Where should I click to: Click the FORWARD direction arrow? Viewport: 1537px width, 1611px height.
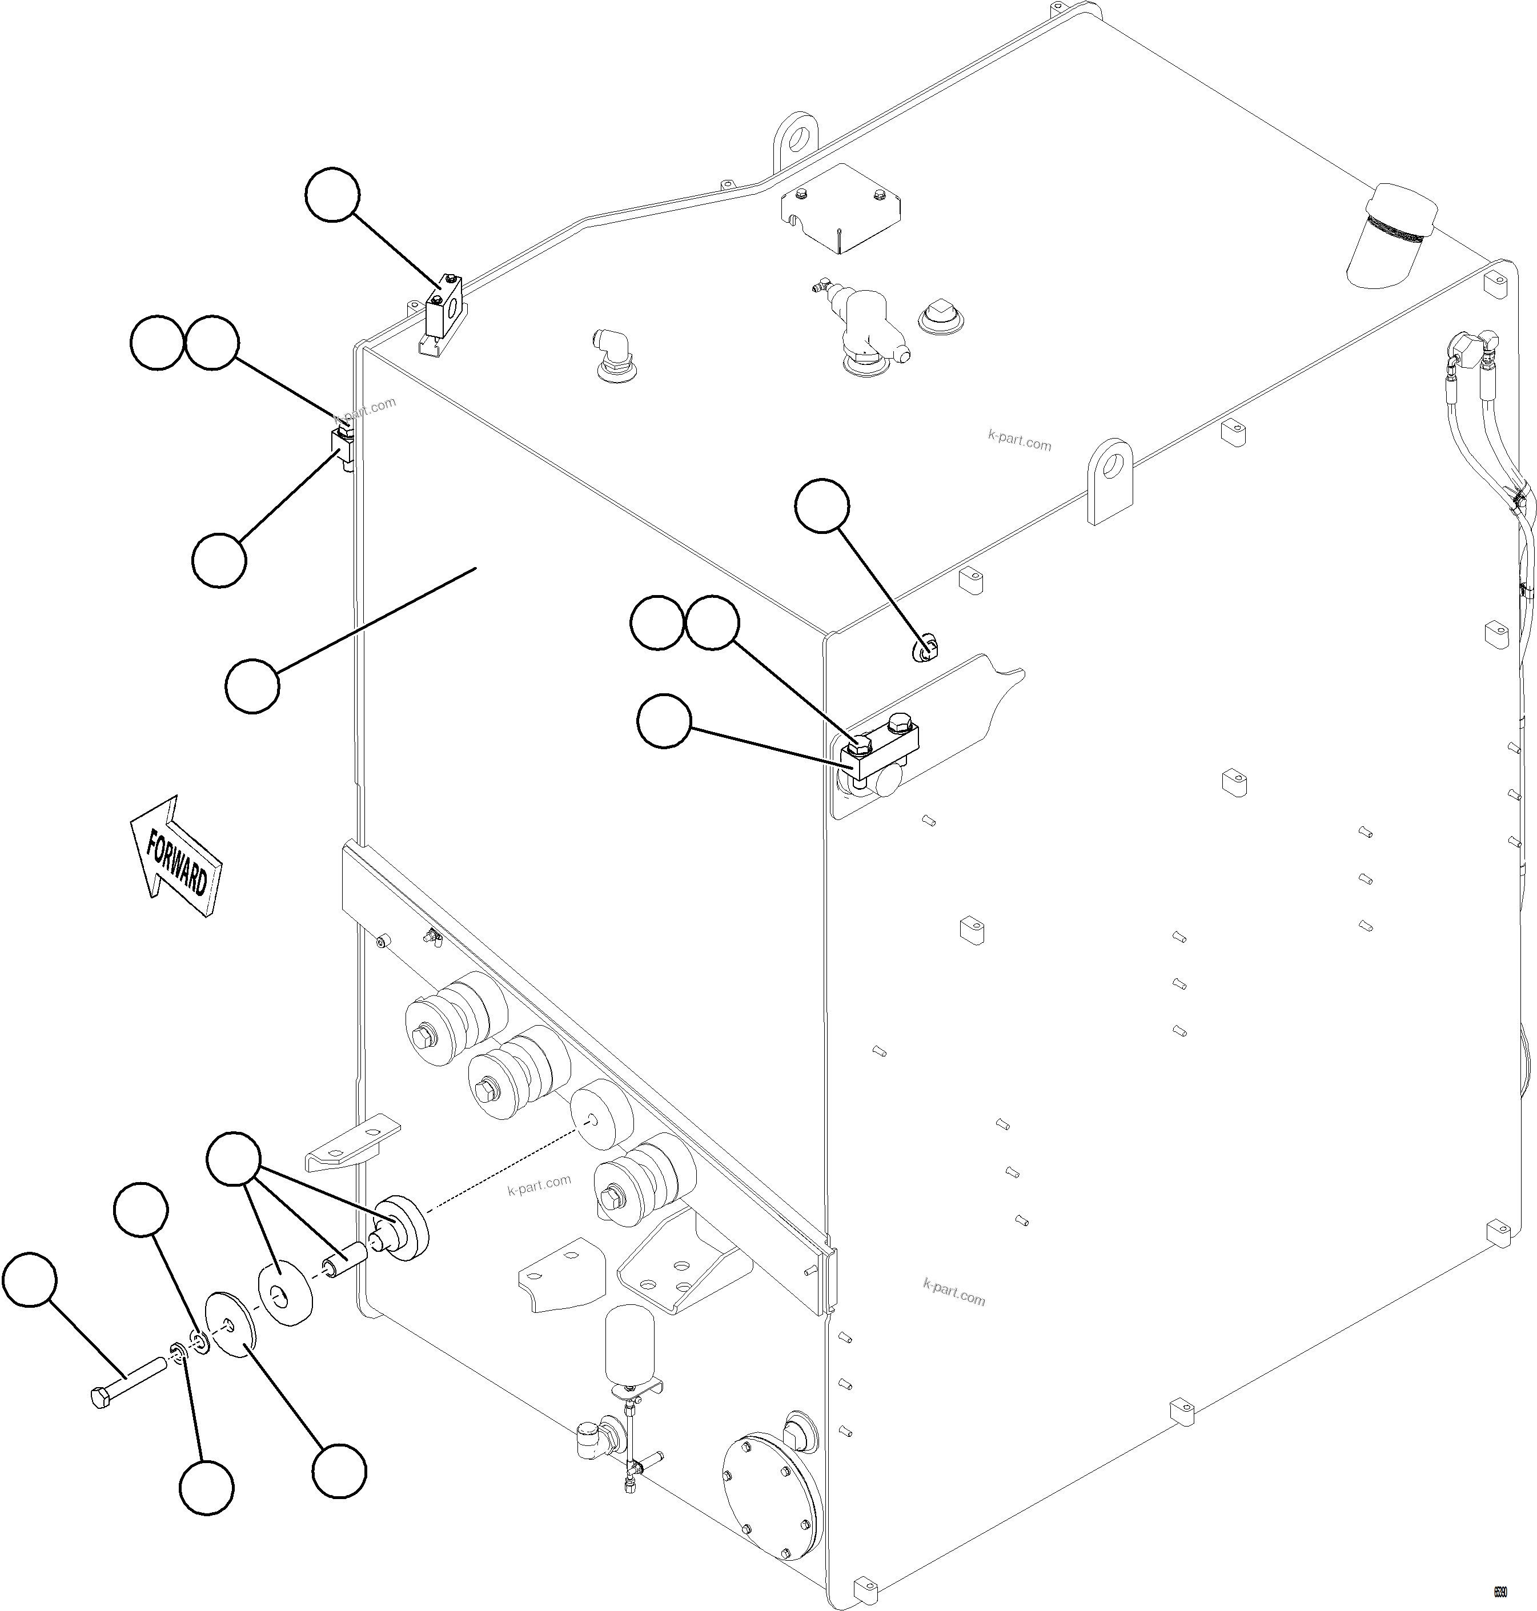(x=175, y=857)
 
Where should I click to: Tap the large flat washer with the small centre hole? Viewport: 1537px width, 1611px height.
(x=230, y=1325)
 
